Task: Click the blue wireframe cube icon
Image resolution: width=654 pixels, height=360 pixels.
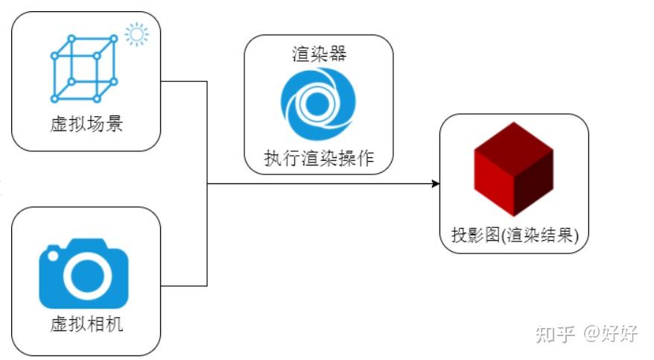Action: [x=84, y=69]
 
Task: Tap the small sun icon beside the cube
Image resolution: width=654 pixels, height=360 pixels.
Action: [x=136, y=34]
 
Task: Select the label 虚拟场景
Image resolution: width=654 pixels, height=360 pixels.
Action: [x=86, y=124]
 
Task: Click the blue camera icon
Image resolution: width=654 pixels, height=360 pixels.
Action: [x=83, y=274]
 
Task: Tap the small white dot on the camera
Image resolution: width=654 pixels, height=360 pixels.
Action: [x=53, y=256]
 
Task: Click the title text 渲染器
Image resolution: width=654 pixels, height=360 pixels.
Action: [x=318, y=55]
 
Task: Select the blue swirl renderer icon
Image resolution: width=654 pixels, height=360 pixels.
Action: [x=318, y=104]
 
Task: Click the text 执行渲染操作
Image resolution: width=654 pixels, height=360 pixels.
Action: [x=318, y=159]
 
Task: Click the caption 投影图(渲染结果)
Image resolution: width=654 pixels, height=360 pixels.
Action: [x=514, y=236]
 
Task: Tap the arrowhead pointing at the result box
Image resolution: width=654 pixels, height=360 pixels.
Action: [x=435, y=183]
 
